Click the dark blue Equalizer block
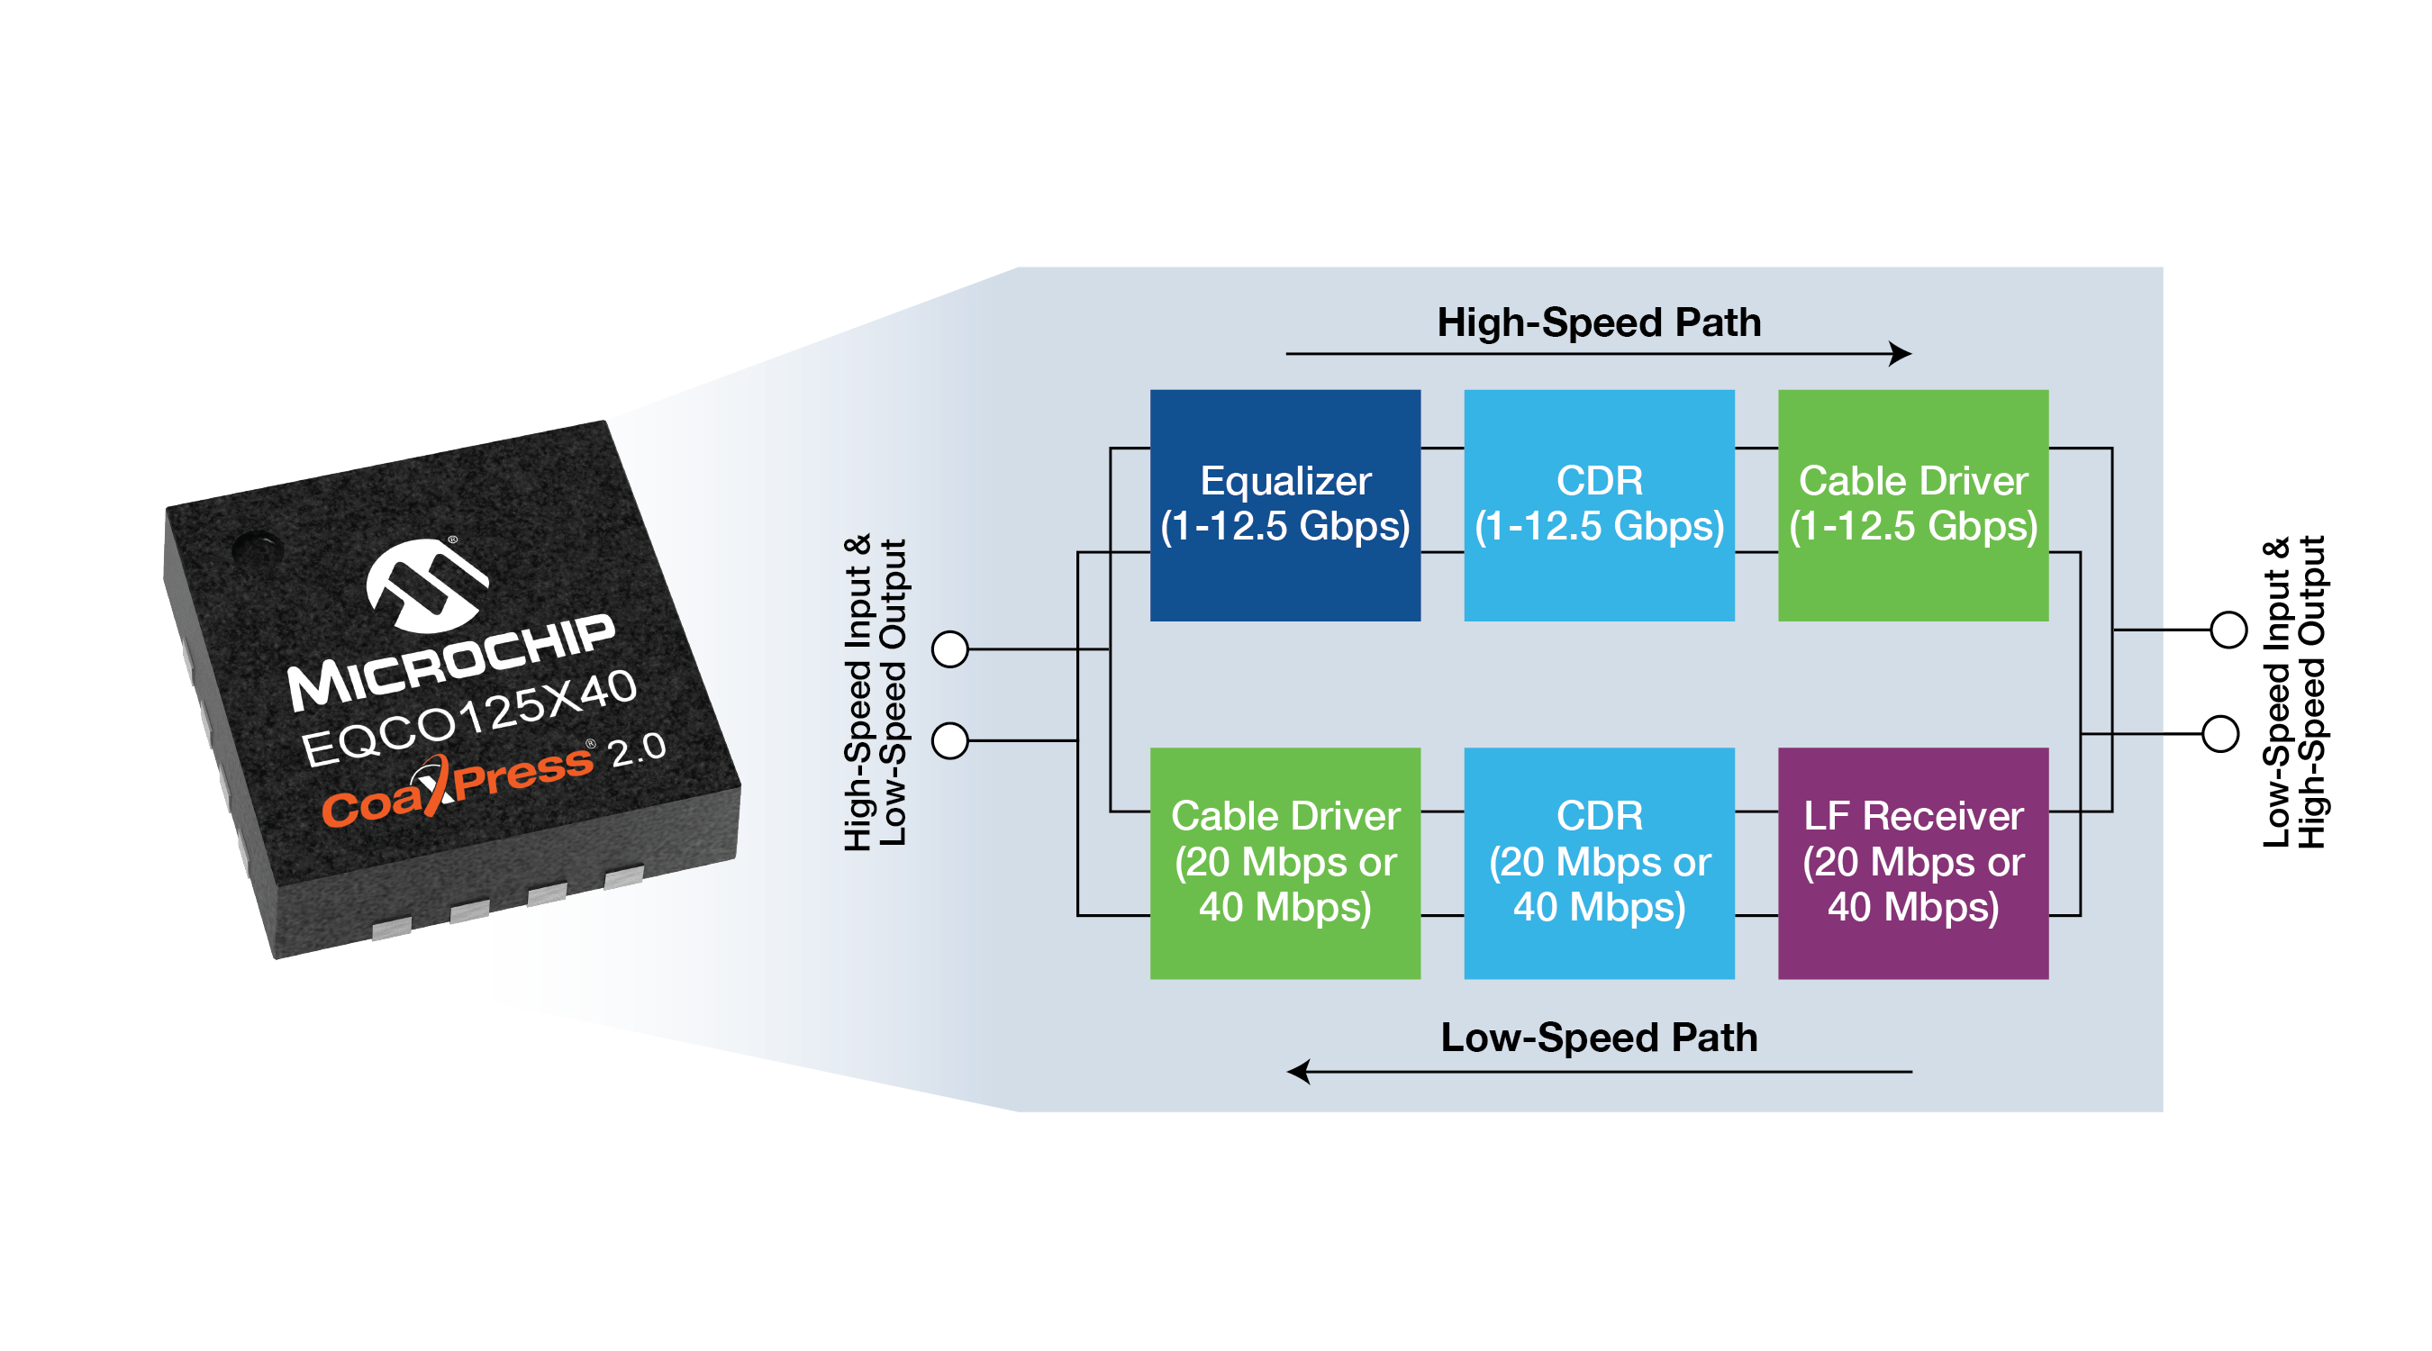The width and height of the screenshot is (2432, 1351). click(1285, 505)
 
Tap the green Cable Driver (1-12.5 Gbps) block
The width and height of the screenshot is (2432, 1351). click(1913, 505)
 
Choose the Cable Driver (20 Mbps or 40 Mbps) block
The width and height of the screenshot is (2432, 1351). click(1285, 863)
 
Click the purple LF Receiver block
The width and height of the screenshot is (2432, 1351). click(1913, 863)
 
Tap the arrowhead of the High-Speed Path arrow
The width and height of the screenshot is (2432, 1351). click(1901, 354)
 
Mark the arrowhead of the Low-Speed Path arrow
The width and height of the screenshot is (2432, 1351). click(1299, 1072)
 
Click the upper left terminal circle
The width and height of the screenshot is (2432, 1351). click(949, 649)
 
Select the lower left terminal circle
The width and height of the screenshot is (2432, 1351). click(949, 741)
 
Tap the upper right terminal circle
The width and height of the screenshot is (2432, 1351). click(2228, 630)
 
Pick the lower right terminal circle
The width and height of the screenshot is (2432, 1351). click(2219, 733)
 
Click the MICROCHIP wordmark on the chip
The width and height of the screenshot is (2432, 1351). click(451, 662)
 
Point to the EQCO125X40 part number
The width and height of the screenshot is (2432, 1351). click(469, 719)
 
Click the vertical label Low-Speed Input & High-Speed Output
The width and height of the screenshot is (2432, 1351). click(2294, 692)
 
